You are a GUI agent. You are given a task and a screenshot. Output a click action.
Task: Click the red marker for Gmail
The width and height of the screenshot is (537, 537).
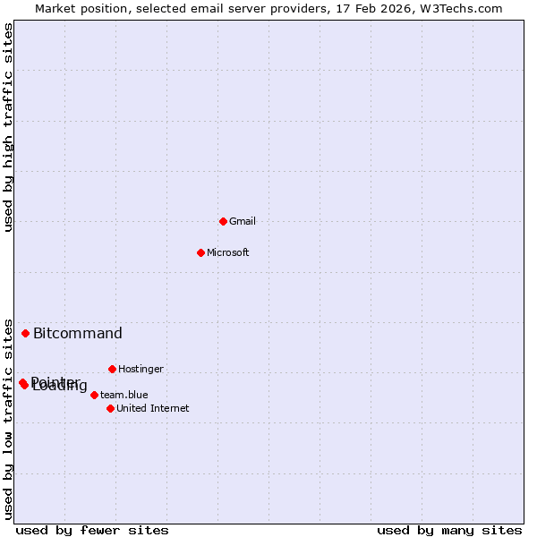tap(223, 221)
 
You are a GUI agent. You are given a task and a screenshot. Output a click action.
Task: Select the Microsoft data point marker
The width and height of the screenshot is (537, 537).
tap(200, 252)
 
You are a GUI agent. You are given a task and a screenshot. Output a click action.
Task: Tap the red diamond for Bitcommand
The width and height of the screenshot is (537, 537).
tap(25, 333)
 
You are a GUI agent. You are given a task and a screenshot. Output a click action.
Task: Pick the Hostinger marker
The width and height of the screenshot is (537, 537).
tap(112, 369)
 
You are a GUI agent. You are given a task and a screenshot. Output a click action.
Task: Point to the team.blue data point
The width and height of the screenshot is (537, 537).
tap(94, 395)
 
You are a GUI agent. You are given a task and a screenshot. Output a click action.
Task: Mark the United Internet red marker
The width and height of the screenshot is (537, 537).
tap(110, 408)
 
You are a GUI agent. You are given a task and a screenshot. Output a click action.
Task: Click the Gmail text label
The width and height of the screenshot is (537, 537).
tap(243, 221)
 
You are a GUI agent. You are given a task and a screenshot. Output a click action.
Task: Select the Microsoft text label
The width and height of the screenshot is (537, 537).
tap(228, 252)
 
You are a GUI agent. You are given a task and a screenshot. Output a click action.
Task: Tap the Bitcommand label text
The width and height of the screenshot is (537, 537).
tap(78, 334)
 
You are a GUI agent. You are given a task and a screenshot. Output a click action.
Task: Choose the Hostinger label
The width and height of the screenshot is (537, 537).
tap(141, 369)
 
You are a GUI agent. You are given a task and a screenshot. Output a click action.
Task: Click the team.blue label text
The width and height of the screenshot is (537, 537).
tap(124, 395)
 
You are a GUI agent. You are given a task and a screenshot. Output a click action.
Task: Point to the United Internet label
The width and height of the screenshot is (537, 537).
tap(153, 408)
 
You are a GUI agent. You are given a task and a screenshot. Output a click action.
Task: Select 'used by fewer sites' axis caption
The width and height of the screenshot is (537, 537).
tap(92, 530)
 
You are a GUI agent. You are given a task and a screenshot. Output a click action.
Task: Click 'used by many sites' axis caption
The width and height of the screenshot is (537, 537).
tap(449, 530)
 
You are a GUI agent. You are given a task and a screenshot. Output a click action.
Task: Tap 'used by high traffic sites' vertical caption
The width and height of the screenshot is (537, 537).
tap(9, 128)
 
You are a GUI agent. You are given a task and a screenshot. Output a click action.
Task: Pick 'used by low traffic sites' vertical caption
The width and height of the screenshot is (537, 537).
tap(9, 418)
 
